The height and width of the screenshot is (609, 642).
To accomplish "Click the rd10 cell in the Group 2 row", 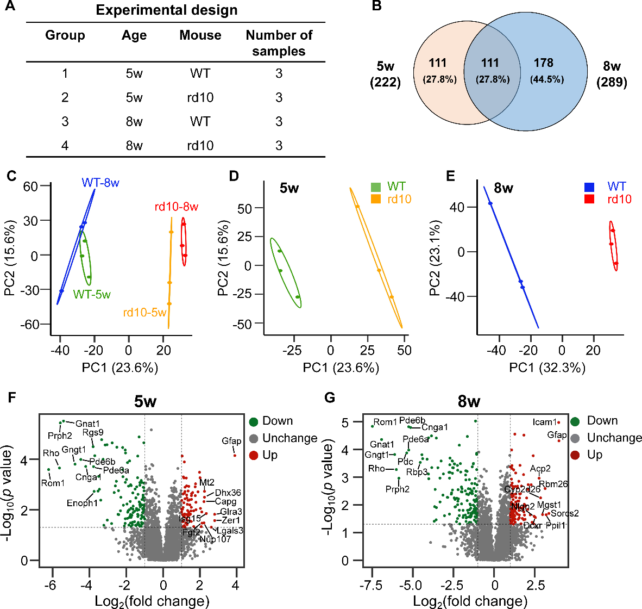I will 200,98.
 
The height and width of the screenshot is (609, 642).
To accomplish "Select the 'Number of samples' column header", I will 279,43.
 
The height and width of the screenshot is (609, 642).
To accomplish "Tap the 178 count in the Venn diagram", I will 543,64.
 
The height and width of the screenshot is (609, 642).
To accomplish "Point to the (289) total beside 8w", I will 612,82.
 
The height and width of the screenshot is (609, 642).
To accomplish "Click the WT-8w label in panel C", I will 100,183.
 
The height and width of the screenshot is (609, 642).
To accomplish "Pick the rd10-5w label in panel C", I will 144,312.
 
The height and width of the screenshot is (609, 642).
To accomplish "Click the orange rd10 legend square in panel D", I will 376,199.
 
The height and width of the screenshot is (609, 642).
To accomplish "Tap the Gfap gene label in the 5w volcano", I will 231,441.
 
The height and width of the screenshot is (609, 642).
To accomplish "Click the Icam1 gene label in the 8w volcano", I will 544,422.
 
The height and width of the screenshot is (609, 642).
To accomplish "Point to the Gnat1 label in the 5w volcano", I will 87,424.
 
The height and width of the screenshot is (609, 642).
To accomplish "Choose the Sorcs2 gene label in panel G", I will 565,513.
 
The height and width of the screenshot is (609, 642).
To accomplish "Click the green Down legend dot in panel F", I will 253,421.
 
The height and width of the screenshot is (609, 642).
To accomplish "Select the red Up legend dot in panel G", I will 578,455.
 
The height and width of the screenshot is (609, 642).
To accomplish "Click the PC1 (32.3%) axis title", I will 547,368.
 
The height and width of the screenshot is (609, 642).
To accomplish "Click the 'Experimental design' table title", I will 167,10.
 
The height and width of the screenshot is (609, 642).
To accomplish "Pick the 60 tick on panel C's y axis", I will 30,187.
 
